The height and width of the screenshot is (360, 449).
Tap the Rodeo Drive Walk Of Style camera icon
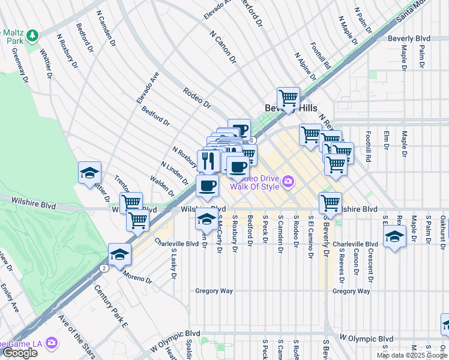click(288, 181)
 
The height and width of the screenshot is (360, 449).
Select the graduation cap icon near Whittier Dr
click(89, 173)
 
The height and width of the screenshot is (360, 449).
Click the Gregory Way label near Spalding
click(214, 291)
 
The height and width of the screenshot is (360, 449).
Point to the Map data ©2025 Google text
click(411, 355)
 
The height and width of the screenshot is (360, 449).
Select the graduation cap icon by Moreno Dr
click(119, 254)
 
